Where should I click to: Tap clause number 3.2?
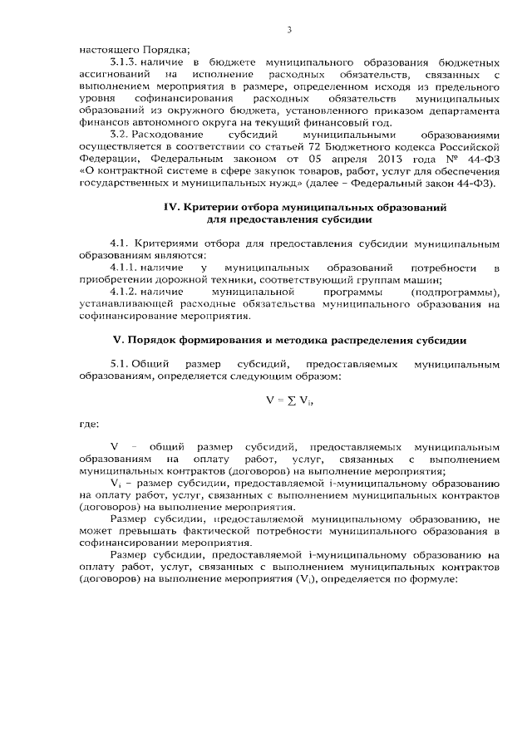120,135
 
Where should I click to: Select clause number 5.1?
120,365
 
